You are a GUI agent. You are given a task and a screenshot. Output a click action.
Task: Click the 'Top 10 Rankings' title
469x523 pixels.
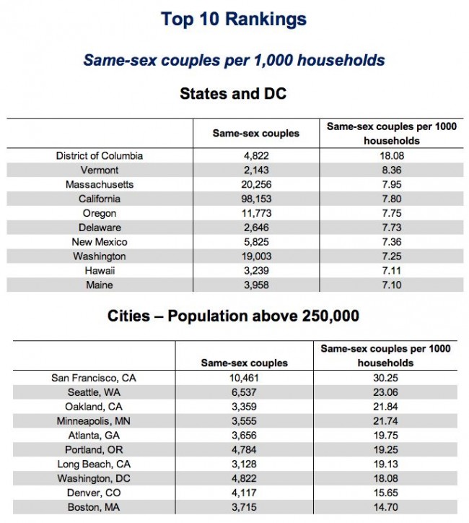point(234,19)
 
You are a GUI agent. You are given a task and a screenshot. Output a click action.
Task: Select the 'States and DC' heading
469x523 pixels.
point(233,93)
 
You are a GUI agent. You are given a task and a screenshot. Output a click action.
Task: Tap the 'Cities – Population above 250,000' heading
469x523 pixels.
point(233,316)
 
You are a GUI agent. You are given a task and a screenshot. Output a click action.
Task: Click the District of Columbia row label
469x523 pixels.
point(100,156)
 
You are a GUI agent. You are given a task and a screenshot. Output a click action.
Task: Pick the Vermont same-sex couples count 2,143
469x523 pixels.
point(256,170)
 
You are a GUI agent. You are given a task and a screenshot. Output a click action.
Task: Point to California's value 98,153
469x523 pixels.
point(256,199)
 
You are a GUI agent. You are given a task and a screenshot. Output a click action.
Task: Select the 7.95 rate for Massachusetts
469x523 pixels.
point(392,184)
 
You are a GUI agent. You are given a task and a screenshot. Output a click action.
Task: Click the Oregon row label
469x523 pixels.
point(100,214)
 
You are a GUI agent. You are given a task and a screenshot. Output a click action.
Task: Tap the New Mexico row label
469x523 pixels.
point(100,242)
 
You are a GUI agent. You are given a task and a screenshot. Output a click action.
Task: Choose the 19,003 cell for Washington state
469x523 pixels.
point(256,256)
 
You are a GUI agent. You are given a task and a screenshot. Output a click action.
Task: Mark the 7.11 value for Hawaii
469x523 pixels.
point(392,270)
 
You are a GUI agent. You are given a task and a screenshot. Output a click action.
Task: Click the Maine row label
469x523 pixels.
point(100,285)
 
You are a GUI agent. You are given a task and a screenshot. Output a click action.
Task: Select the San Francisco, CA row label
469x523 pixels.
point(94,378)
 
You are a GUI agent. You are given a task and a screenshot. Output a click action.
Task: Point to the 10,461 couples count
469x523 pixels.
point(244,378)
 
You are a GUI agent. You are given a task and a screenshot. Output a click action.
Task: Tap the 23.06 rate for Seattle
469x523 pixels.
point(385,392)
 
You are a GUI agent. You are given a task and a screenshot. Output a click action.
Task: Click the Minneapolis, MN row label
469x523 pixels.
point(94,421)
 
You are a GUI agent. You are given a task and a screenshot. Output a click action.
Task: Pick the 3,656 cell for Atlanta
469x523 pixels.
point(244,436)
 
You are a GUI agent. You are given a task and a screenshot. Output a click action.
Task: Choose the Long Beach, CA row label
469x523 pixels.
point(94,464)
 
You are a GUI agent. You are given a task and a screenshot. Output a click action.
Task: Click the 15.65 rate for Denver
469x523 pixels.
point(385,493)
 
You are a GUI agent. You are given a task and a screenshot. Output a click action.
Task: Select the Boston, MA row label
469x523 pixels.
point(94,507)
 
